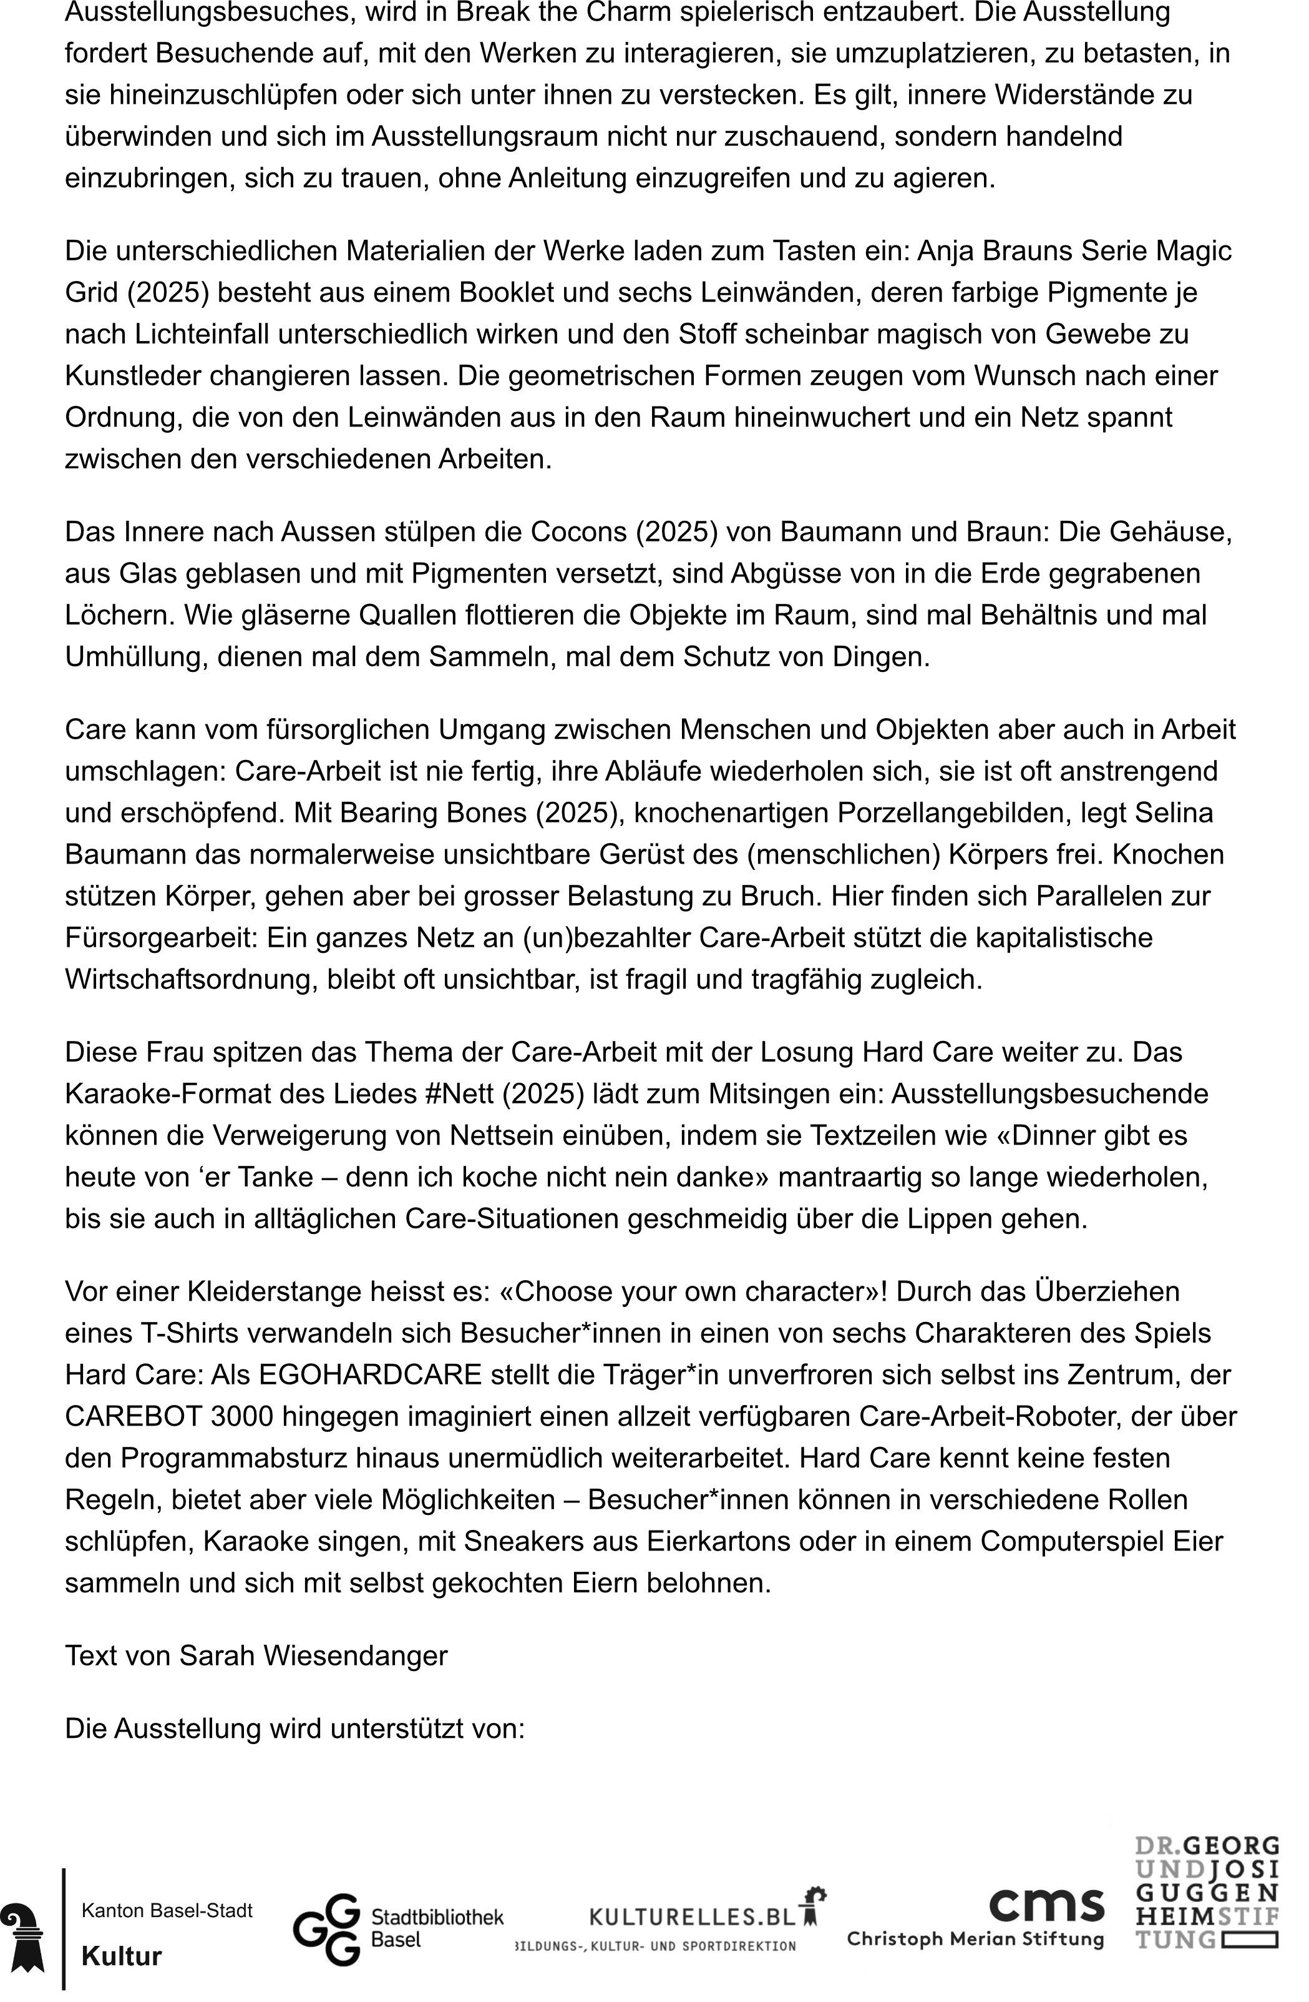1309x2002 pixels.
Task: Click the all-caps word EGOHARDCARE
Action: tap(370, 1374)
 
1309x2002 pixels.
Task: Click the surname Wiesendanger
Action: tap(355, 1655)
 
